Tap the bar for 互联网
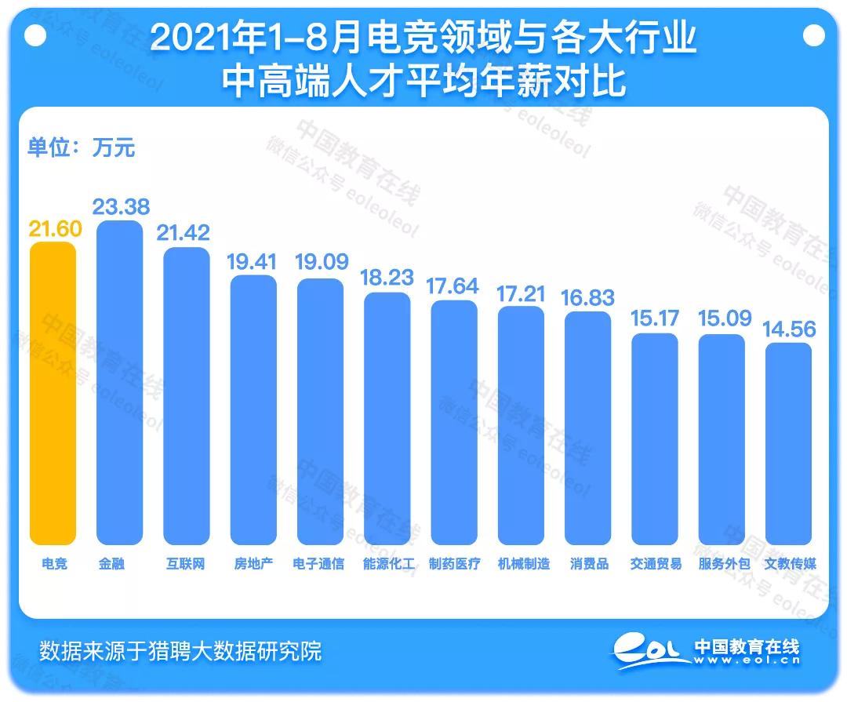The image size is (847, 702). (x=187, y=396)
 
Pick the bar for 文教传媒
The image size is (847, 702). (x=789, y=443)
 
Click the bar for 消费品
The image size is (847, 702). (x=588, y=428)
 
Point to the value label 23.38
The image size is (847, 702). (x=121, y=206)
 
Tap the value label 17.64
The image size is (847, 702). (x=454, y=286)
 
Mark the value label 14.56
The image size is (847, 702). (x=790, y=329)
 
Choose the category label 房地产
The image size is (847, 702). (x=253, y=563)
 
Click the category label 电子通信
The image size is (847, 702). (x=320, y=563)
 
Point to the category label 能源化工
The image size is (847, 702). (x=387, y=563)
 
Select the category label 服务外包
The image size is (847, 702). (x=723, y=563)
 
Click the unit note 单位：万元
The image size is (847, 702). (x=82, y=147)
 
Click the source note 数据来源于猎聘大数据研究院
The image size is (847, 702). (x=180, y=650)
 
